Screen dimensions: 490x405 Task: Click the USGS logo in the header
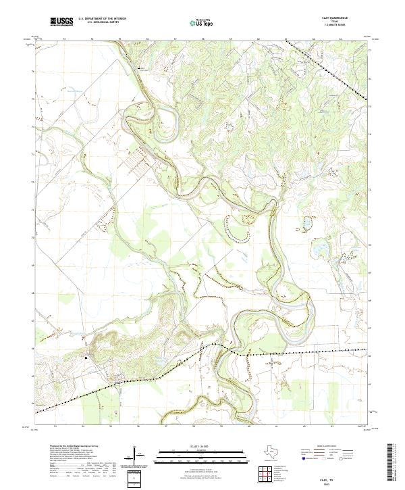pyautogui.click(x=62, y=22)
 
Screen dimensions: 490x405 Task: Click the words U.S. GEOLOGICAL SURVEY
pyautogui.click(x=101, y=23)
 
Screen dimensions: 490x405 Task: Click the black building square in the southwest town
pyautogui.click(x=86, y=356)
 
